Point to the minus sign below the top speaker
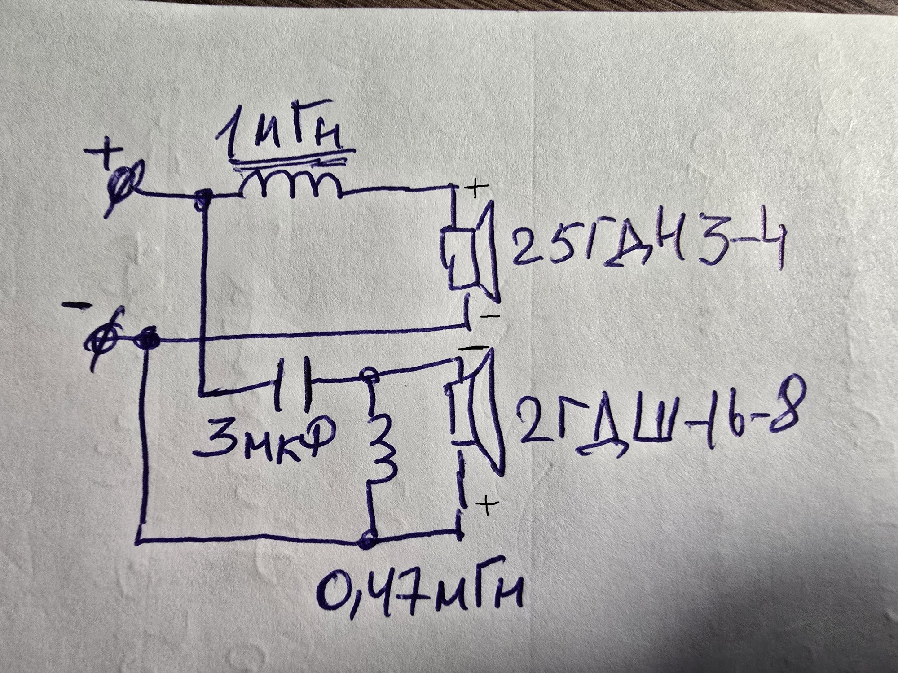coord(489,316)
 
